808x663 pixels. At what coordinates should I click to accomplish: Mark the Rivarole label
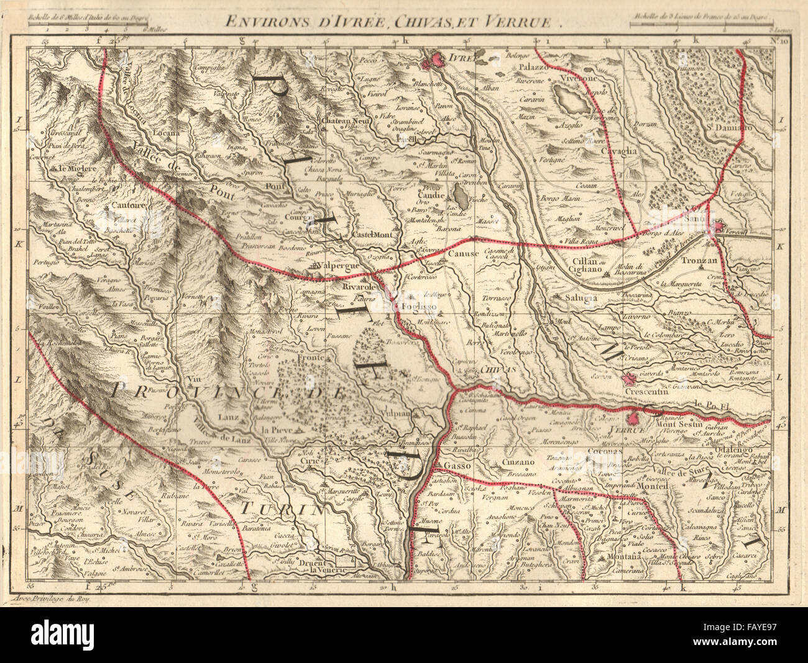click(363, 288)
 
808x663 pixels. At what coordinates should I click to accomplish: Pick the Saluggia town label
click(581, 297)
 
